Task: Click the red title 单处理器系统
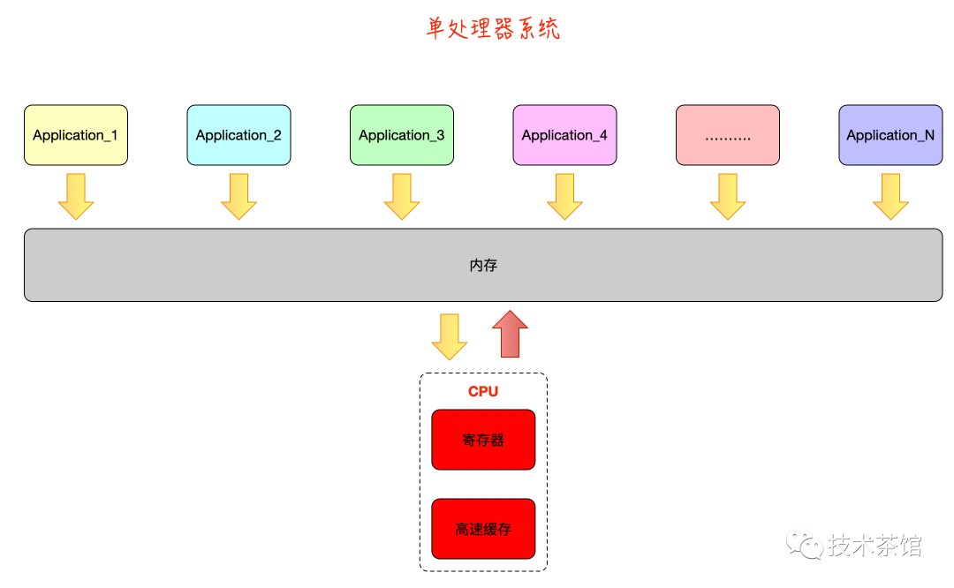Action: [493, 29]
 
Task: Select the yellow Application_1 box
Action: [76, 135]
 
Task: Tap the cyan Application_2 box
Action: [238, 135]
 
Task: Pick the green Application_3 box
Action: [402, 135]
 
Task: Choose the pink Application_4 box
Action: [564, 135]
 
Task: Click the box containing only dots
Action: [728, 135]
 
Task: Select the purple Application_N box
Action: [890, 135]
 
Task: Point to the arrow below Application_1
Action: [76, 196]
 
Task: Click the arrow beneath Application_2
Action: [238, 196]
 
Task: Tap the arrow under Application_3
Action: [402, 196]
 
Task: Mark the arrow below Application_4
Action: [564, 196]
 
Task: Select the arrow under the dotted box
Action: [728, 196]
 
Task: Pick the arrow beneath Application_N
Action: [890, 196]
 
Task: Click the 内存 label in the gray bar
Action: [483, 265]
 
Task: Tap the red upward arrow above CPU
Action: [510, 334]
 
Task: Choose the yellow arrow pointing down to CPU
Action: [449, 336]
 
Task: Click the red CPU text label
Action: [483, 391]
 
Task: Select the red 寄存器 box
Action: [483, 440]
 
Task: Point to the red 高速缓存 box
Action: [483, 529]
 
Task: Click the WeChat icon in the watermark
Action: [806, 545]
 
